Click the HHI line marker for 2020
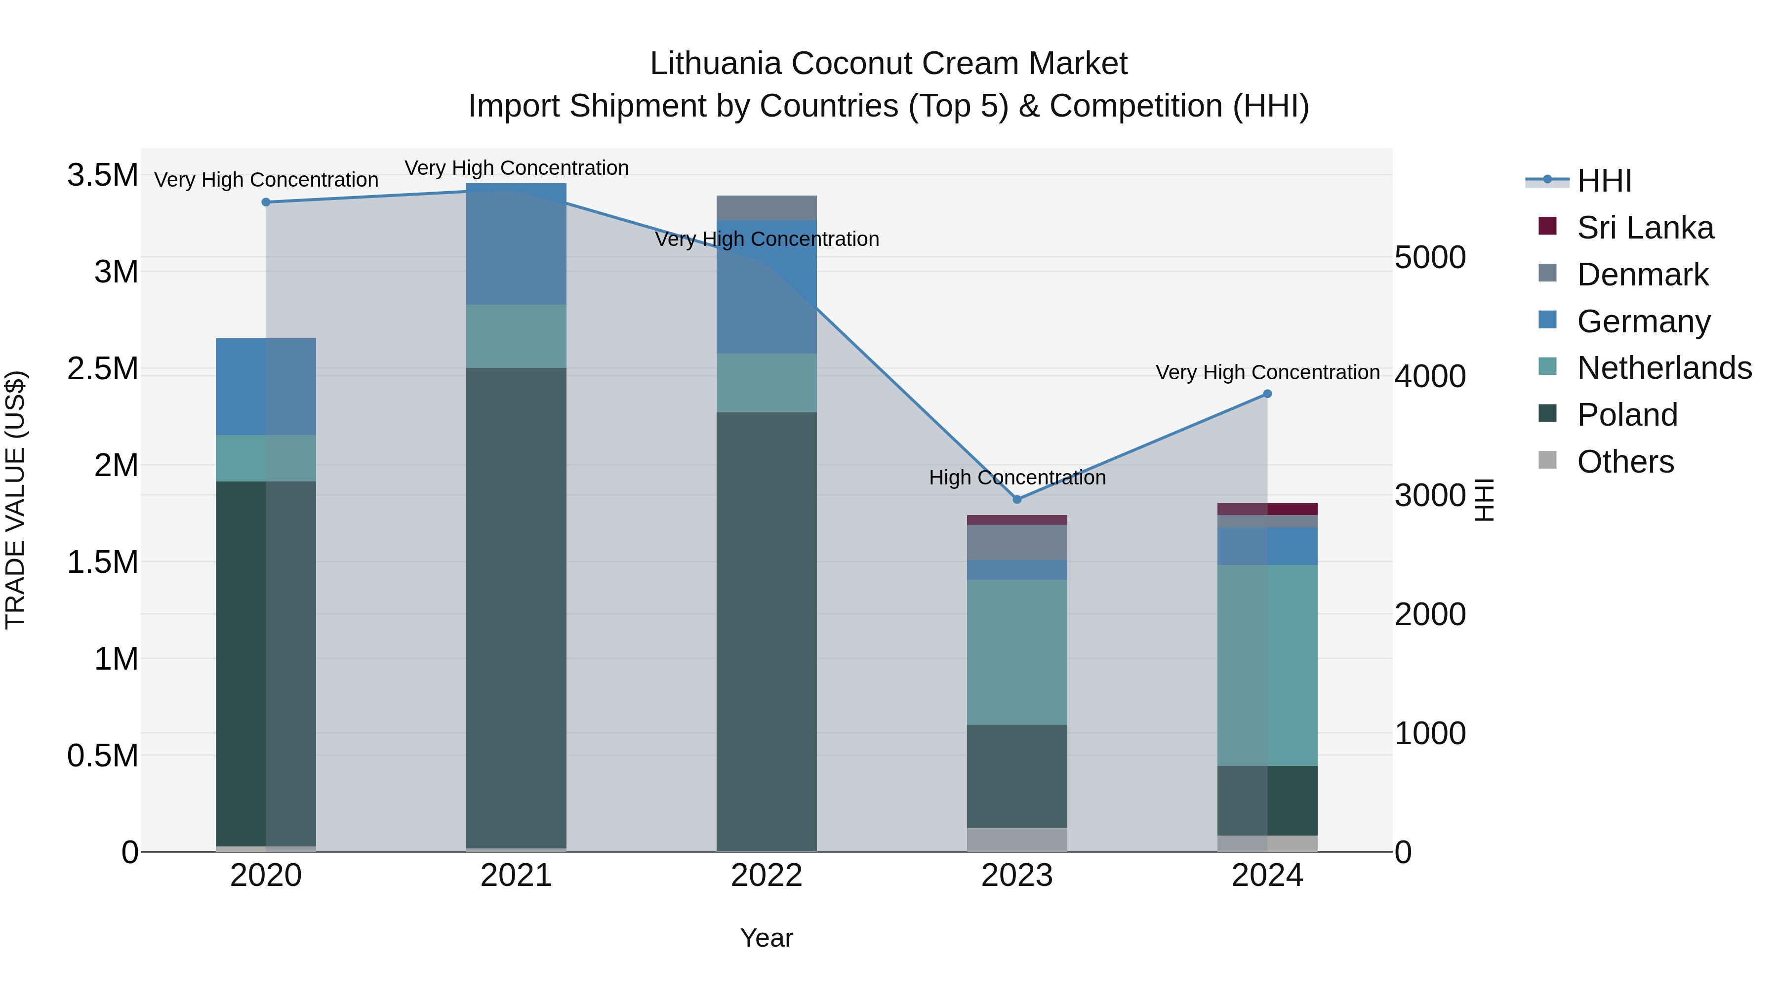(266, 202)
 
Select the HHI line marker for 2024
(1267, 394)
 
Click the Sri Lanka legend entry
(1645, 228)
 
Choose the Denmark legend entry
(1642, 275)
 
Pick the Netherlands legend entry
(1663, 368)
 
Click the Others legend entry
(1625, 462)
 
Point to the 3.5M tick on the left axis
(102, 175)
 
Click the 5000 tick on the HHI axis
(1429, 257)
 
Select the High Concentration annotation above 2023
(1017, 478)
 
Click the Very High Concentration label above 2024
(1267, 373)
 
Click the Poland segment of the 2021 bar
(516, 607)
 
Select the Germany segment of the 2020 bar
(266, 387)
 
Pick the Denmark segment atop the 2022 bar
(766, 208)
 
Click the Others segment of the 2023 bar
(1017, 839)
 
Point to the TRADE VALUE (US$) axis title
(16, 500)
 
